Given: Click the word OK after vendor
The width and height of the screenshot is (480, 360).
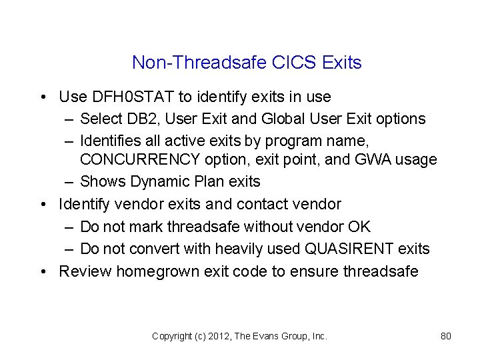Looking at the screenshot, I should [x=359, y=227].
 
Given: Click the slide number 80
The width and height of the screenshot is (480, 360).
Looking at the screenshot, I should [x=446, y=337].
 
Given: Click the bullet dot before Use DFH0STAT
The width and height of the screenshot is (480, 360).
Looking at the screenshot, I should [x=43, y=97].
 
